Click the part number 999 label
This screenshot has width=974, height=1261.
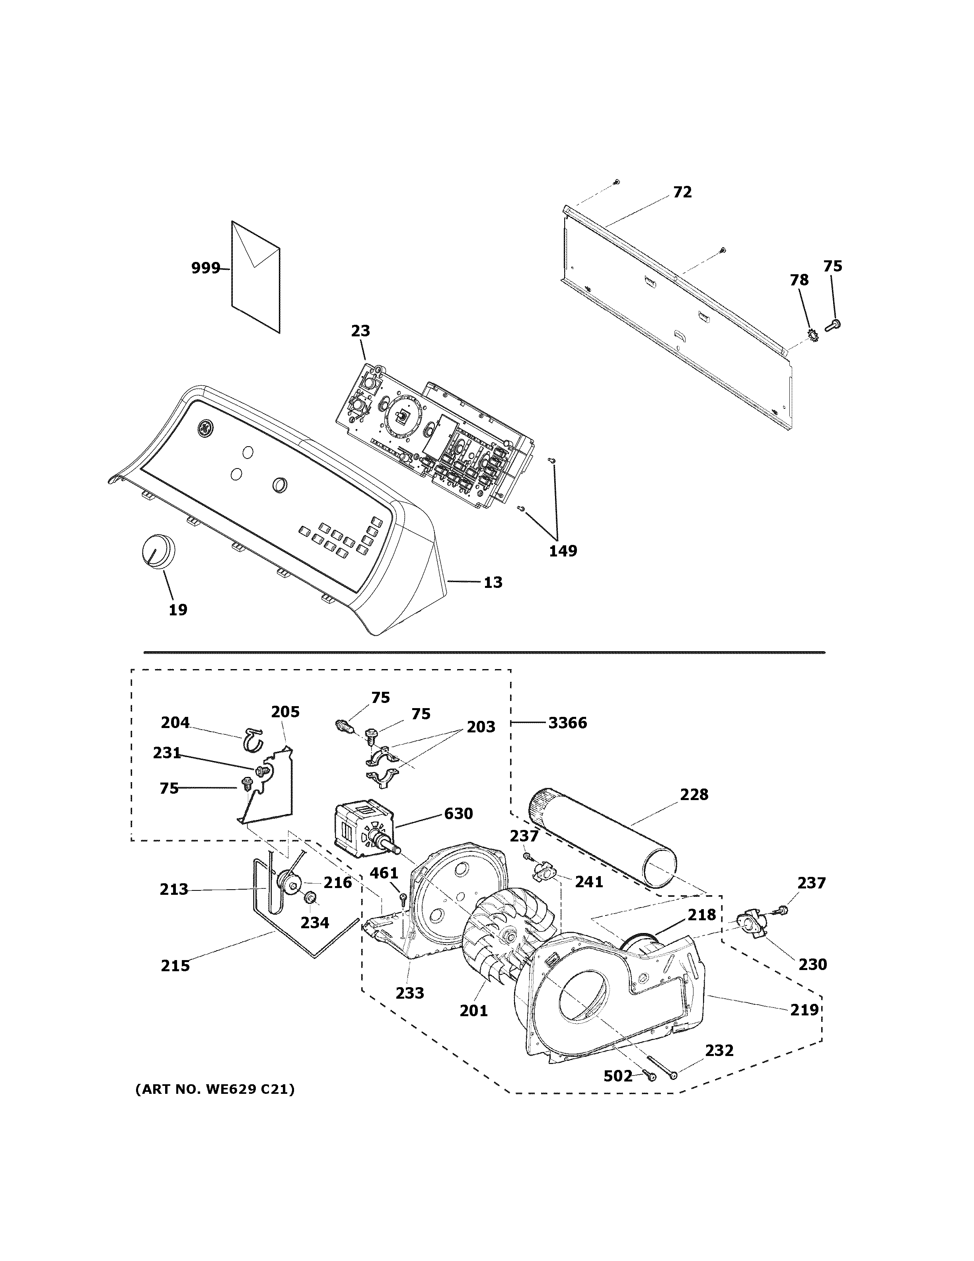(205, 268)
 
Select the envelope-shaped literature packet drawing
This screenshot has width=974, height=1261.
(255, 277)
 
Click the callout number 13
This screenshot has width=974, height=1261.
(493, 583)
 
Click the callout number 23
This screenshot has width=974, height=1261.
(360, 331)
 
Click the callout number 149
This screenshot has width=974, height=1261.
(563, 551)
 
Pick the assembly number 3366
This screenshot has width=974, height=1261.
(567, 723)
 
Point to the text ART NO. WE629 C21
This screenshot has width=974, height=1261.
(214, 1089)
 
